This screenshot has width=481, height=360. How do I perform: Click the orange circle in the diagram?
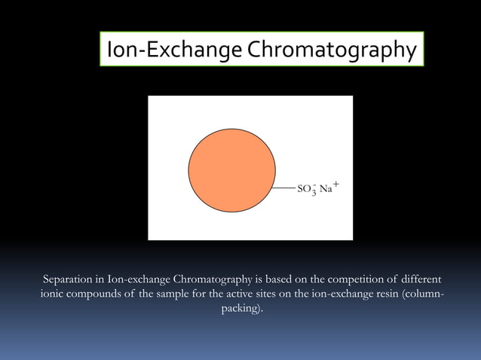pyautogui.click(x=231, y=169)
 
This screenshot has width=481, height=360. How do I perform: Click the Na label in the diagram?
pyautogui.click(x=326, y=188)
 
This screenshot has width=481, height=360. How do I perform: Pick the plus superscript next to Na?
pyautogui.click(x=335, y=183)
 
